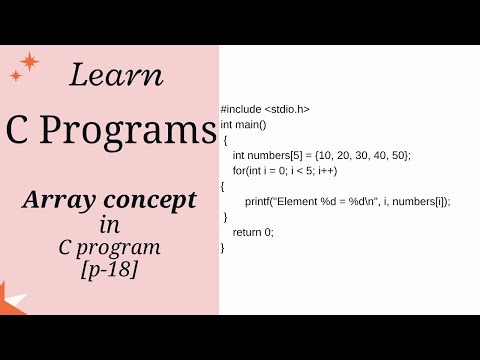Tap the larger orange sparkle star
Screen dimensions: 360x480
[x=30, y=62]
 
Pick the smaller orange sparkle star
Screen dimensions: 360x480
[x=15, y=75]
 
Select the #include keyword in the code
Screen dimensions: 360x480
[x=241, y=109]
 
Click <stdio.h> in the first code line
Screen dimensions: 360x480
[x=288, y=109]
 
